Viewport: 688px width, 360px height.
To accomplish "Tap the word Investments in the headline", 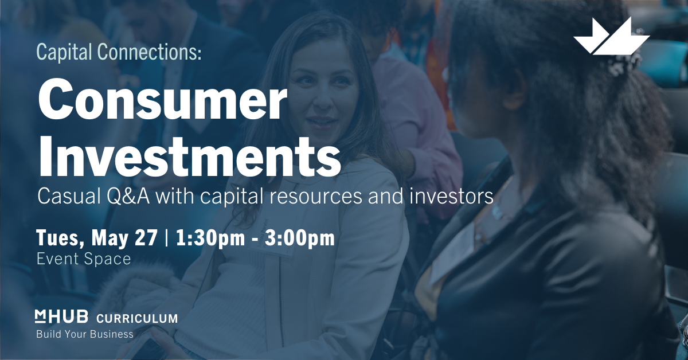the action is click(189, 156).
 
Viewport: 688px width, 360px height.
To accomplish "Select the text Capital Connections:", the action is click(119, 52).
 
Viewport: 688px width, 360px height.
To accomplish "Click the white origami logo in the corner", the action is click(611, 36).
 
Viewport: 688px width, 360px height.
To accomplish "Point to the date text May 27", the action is click(124, 238).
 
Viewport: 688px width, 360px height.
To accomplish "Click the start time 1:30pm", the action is click(210, 238).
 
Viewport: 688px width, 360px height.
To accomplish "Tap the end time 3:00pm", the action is click(299, 238).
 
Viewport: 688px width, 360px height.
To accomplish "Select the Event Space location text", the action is click(84, 259).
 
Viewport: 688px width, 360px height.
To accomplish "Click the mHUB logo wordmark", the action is click(61, 316).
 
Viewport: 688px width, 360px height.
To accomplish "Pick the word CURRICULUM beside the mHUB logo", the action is click(137, 319).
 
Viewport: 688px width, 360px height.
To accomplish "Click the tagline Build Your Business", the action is click(85, 334).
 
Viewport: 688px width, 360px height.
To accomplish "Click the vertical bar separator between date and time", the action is click(167, 238).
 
